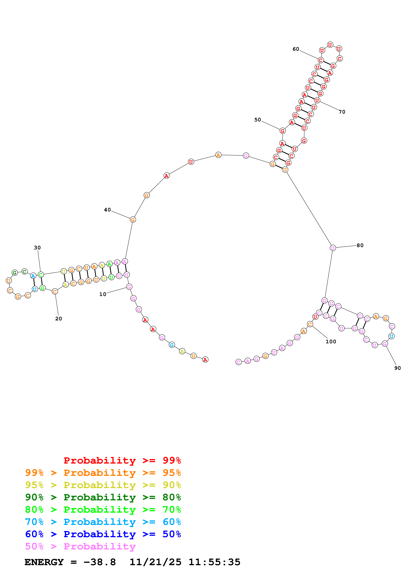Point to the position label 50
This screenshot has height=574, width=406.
click(257, 120)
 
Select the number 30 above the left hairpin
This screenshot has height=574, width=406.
click(37, 248)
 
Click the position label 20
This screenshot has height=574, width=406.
click(58, 319)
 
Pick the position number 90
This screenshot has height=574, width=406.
click(397, 368)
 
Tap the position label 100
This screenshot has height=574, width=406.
click(331, 341)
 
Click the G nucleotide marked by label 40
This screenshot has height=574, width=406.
click(133, 220)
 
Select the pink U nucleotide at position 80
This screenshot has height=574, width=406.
click(333, 248)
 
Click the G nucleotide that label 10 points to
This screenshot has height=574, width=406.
click(129, 287)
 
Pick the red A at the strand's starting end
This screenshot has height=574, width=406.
click(205, 360)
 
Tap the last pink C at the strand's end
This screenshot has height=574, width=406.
click(239, 362)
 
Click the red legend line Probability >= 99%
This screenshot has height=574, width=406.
click(122, 460)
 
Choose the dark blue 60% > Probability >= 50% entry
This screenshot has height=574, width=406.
click(103, 534)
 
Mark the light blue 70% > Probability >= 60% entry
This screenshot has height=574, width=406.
click(103, 522)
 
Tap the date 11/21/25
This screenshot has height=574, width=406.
click(155, 562)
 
